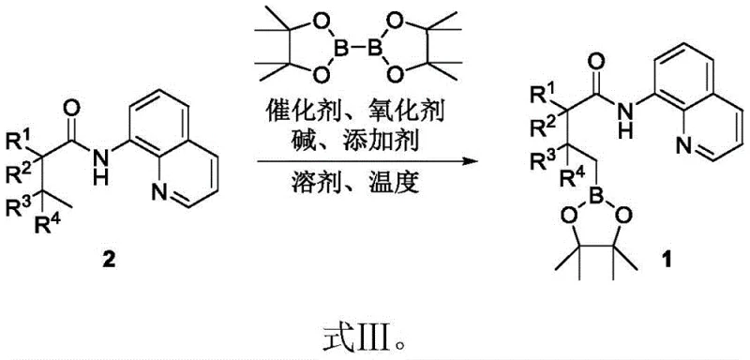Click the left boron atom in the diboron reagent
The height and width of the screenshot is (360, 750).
[354, 47]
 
